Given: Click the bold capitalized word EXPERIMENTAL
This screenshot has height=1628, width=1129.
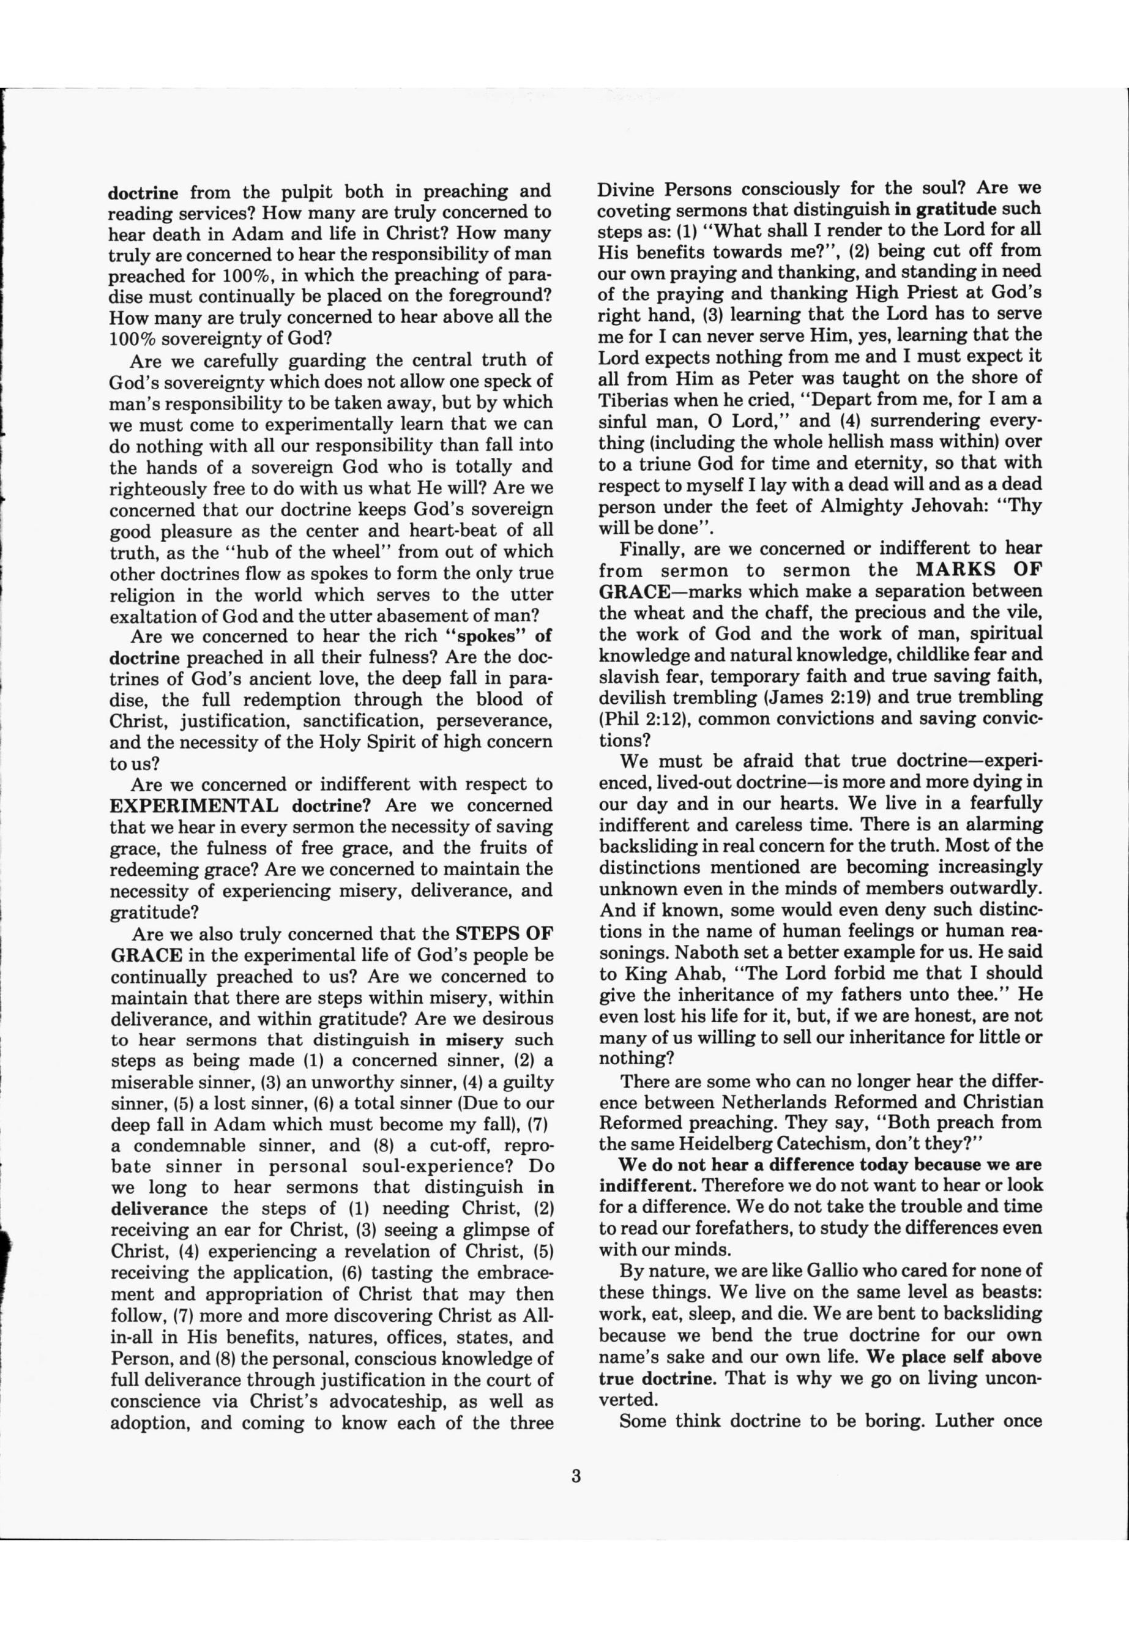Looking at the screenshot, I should pyautogui.click(x=195, y=806).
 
